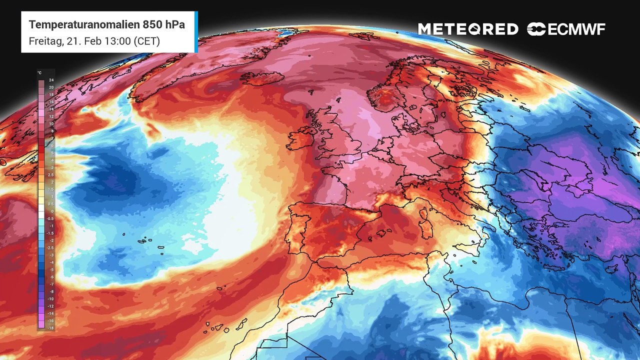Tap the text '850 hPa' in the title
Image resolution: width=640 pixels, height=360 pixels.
pos(164,25)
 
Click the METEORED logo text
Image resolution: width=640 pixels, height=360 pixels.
pos(468,29)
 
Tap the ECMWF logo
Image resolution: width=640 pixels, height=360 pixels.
pos(566,29)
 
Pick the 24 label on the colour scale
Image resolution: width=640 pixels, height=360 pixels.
pos(51,80)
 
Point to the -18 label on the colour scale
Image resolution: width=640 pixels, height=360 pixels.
pos(50,327)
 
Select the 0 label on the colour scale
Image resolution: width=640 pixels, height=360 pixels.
pos(51,211)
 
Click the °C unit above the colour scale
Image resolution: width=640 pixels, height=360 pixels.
pos(40,73)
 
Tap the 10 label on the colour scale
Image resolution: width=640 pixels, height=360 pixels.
pos(51,123)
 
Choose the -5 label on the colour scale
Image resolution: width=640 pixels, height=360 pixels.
pos(51,269)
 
